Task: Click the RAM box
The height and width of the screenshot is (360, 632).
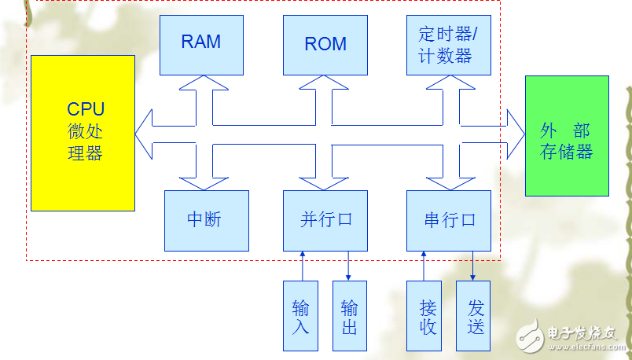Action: [x=201, y=45]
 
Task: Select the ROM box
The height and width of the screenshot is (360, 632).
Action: [x=325, y=45]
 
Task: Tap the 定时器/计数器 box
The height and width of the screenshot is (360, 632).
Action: [x=449, y=45]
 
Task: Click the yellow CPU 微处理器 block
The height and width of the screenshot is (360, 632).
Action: [x=83, y=133]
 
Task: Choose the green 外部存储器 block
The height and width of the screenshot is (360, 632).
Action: [x=566, y=135]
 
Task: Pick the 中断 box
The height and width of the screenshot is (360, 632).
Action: [x=206, y=220]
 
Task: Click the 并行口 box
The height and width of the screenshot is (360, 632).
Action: [x=325, y=220]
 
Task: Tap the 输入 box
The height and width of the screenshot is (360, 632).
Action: [x=300, y=315]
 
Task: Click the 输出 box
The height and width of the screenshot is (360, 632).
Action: [x=349, y=315]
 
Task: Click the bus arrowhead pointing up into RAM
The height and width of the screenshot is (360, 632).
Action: [x=202, y=85]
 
